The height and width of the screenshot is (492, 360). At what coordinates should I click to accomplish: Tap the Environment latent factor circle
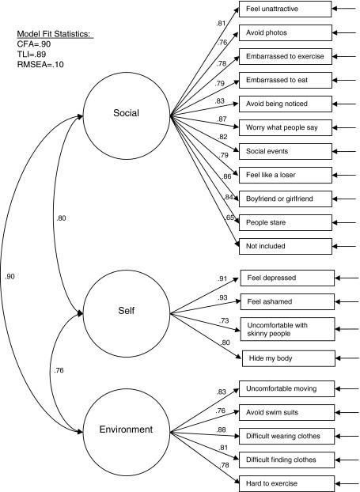(127, 432)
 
